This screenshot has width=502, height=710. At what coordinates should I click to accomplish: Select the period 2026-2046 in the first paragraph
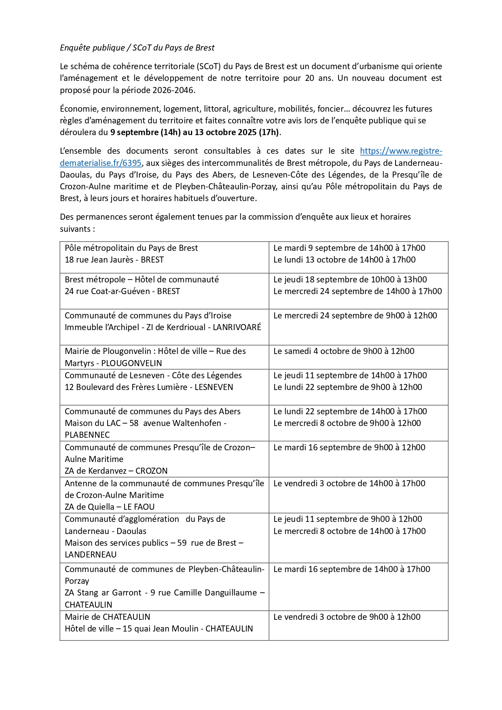[173, 90]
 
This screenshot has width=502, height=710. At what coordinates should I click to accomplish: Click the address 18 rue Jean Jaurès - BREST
[114, 260]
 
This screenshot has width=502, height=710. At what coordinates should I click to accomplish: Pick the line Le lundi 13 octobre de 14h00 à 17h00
[344, 260]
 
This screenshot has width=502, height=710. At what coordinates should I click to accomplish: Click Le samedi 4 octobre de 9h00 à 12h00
[344, 351]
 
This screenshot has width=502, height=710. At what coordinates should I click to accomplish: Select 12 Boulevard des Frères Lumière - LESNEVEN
[149, 387]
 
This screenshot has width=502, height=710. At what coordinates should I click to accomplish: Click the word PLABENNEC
[87, 435]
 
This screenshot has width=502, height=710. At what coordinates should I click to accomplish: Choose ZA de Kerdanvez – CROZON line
[116, 471]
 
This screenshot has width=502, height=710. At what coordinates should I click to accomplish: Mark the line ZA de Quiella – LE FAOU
[110, 507]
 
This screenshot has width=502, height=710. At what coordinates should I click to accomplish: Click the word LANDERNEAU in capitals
[91, 555]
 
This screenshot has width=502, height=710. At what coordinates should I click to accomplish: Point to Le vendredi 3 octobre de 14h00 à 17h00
[349, 483]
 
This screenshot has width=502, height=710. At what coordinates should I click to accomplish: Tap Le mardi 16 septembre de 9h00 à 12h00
[349, 447]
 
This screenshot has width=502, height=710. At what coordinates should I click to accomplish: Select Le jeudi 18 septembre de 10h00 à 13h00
[350, 280]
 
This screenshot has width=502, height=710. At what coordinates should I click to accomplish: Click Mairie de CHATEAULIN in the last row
[107, 617]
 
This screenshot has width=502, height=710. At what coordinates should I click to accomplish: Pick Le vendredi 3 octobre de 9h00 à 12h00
[347, 617]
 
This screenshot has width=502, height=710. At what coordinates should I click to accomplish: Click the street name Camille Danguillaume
[215, 593]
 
